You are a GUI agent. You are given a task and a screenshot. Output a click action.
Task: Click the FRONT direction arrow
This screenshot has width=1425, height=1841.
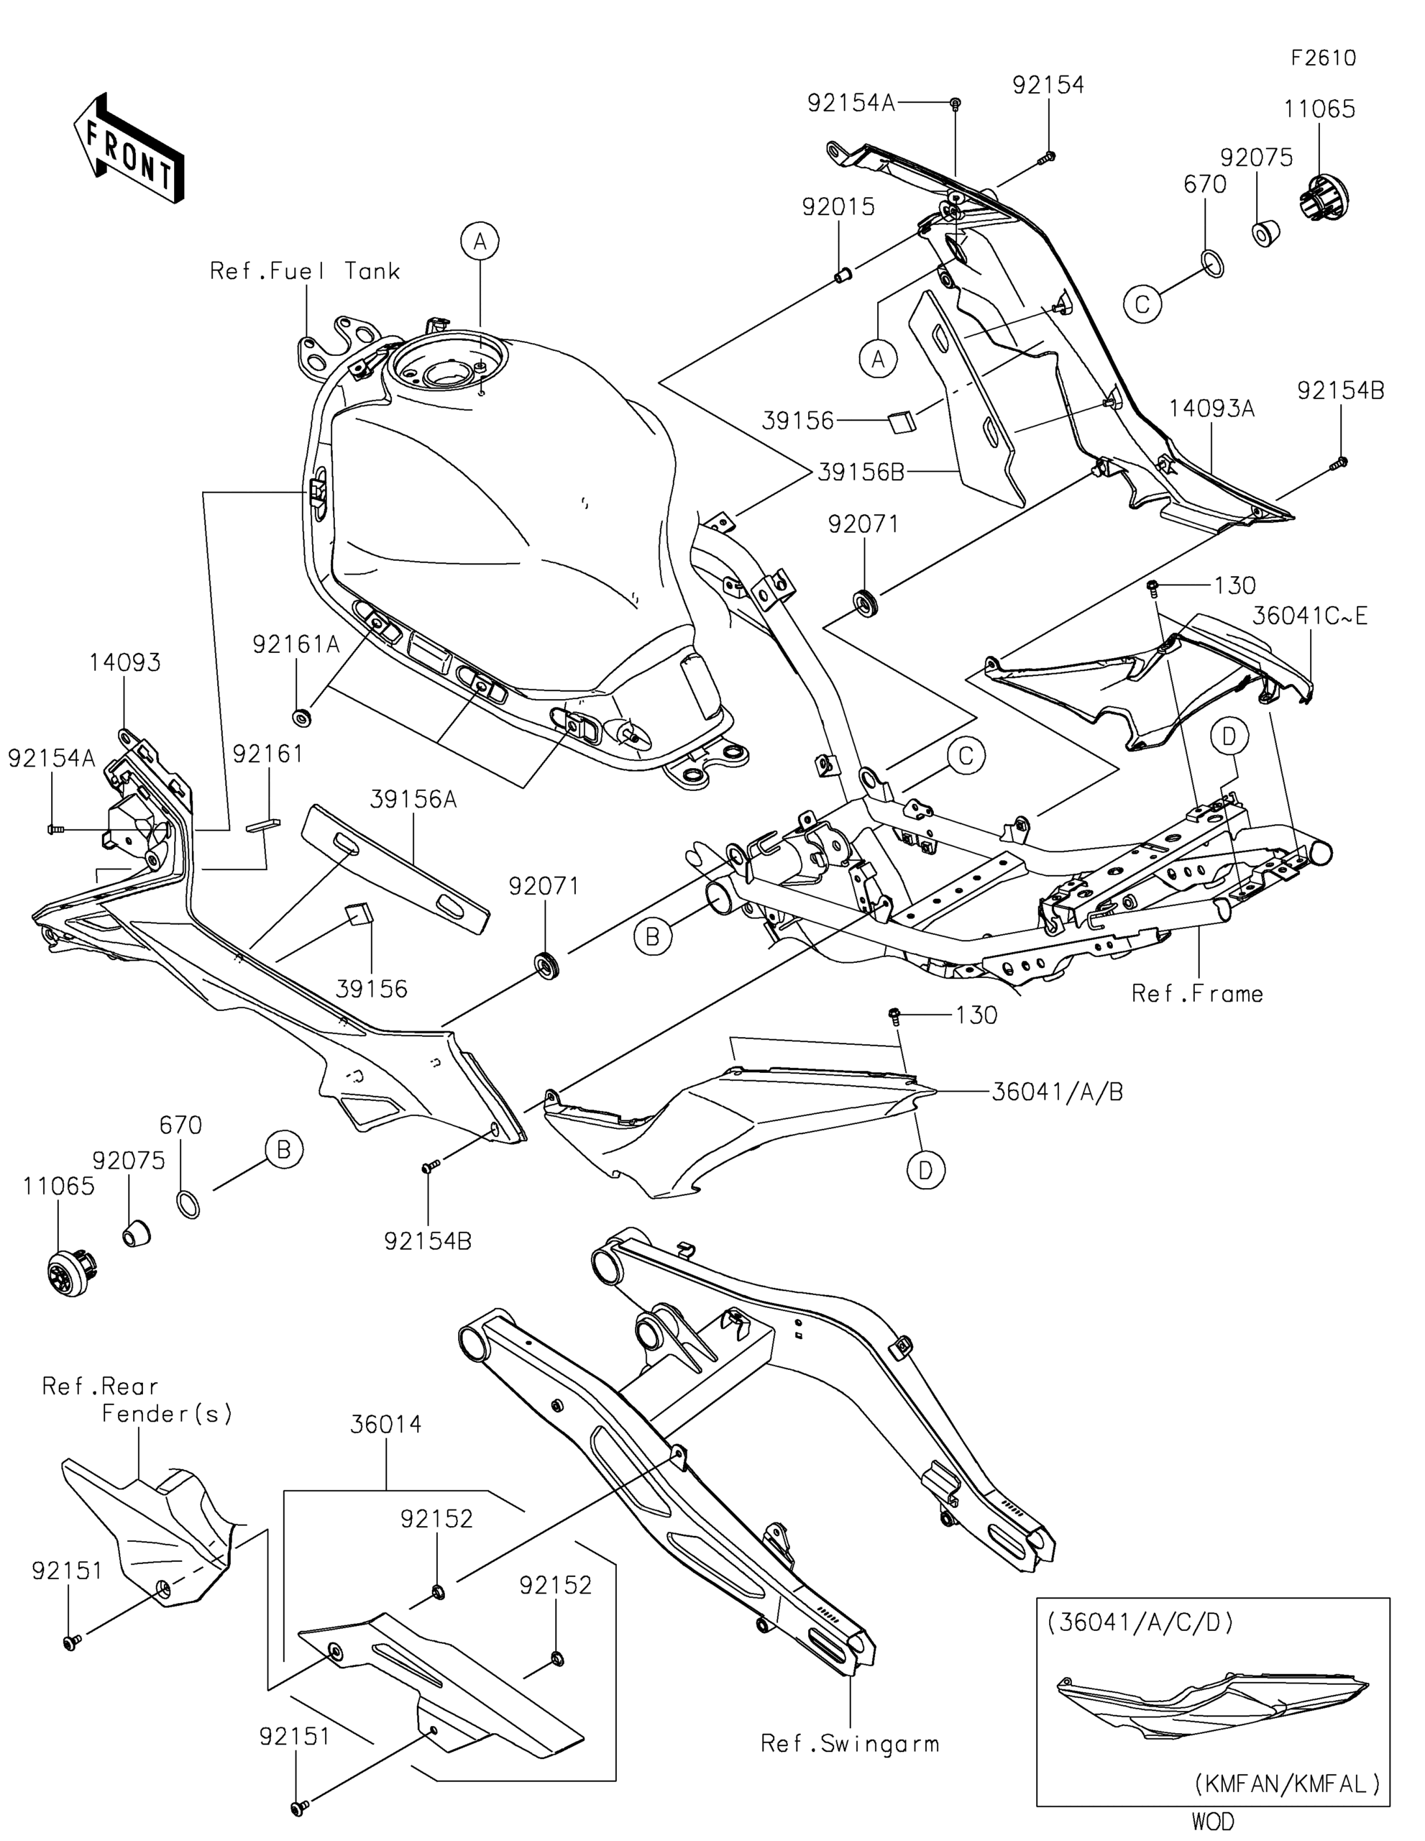pos(128,147)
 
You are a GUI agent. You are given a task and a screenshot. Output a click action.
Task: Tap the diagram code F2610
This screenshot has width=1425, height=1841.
pos(1324,58)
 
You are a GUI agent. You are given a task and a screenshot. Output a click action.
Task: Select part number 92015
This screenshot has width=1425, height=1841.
pos(838,207)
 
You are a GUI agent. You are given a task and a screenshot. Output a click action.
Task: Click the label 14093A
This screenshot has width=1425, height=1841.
pos(1211,408)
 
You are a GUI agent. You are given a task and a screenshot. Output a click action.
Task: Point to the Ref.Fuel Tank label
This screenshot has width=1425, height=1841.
pos(305,271)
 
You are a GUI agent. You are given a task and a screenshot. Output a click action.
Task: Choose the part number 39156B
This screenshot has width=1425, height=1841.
pos(861,473)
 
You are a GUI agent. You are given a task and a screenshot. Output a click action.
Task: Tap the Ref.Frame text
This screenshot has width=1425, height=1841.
pos(1196,995)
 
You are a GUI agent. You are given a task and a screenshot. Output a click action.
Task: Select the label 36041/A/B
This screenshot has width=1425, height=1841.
pos(1057,1092)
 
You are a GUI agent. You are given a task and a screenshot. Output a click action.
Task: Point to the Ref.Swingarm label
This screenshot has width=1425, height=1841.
pos(849,1744)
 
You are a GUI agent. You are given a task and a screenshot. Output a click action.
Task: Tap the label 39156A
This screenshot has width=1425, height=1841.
pos(413,799)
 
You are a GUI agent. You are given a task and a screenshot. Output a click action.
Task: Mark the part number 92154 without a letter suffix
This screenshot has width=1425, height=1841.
pos(1048,85)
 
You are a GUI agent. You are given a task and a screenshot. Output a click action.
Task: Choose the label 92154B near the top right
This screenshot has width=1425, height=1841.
pos(1341,391)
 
